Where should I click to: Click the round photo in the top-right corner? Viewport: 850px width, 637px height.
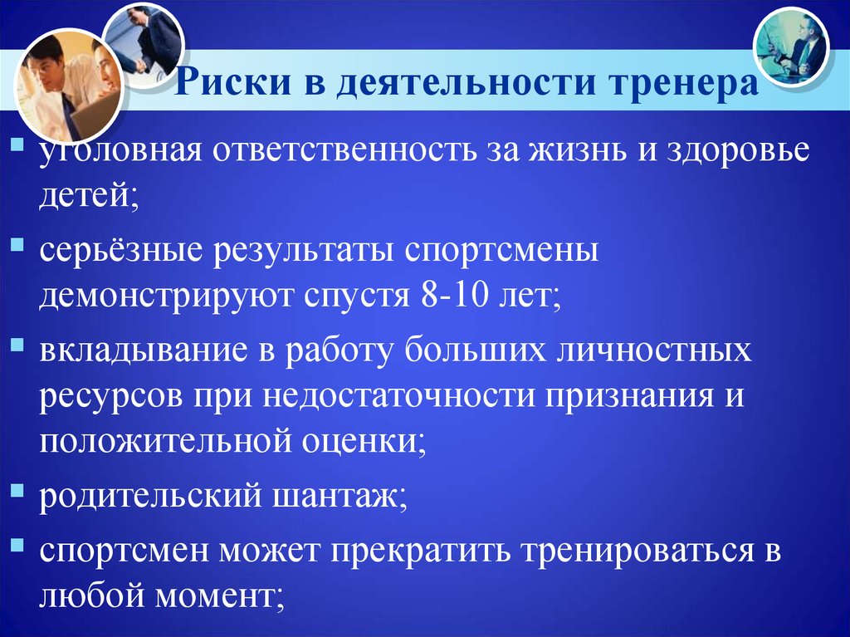coord(791,47)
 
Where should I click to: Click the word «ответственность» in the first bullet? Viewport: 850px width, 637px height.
coord(344,149)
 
